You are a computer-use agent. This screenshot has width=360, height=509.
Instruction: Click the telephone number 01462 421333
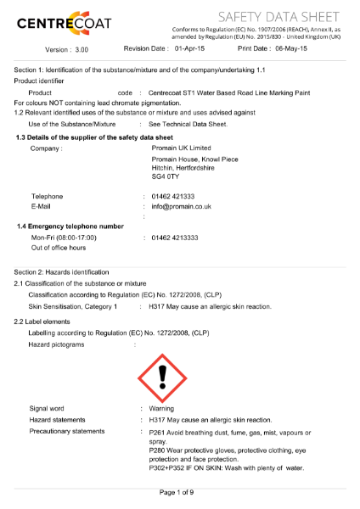(x=173, y=196)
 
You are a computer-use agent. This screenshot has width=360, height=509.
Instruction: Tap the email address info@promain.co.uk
(x=181, y=206)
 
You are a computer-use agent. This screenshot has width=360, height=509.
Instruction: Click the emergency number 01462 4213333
(x=175, y=238)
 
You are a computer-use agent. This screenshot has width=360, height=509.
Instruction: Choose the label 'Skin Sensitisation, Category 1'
(x=73, y=305)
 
